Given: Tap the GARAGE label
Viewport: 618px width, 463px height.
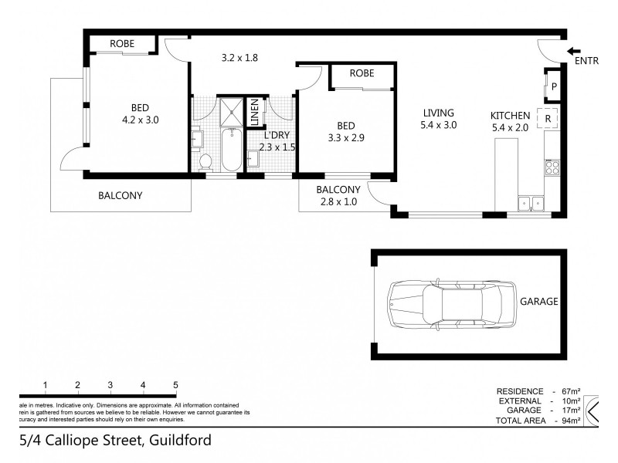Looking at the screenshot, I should (538, 302).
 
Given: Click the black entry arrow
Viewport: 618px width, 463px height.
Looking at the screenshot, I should (575, 51).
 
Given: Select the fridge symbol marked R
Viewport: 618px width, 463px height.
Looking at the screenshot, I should (547, 119).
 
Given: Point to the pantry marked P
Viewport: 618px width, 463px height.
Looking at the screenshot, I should (554, 86).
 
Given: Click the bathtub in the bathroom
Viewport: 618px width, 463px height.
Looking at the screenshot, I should (229, 151).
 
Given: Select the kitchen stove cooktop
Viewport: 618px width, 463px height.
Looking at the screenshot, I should (552, 166).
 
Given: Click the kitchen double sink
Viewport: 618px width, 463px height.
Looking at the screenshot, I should (531, 203).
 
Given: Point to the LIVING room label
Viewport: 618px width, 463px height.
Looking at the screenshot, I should (438, 113).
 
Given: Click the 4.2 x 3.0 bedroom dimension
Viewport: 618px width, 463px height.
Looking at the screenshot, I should (140, 120).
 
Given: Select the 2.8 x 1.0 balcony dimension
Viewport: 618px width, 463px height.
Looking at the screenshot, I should (338, 203).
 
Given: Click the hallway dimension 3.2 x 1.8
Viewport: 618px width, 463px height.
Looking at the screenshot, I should (239, 57).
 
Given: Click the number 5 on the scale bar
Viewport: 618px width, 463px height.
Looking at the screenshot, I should (176, 385).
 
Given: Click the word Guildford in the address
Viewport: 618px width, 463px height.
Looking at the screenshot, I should (178, 441).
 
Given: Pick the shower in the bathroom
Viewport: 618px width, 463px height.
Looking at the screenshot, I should (229, 111).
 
